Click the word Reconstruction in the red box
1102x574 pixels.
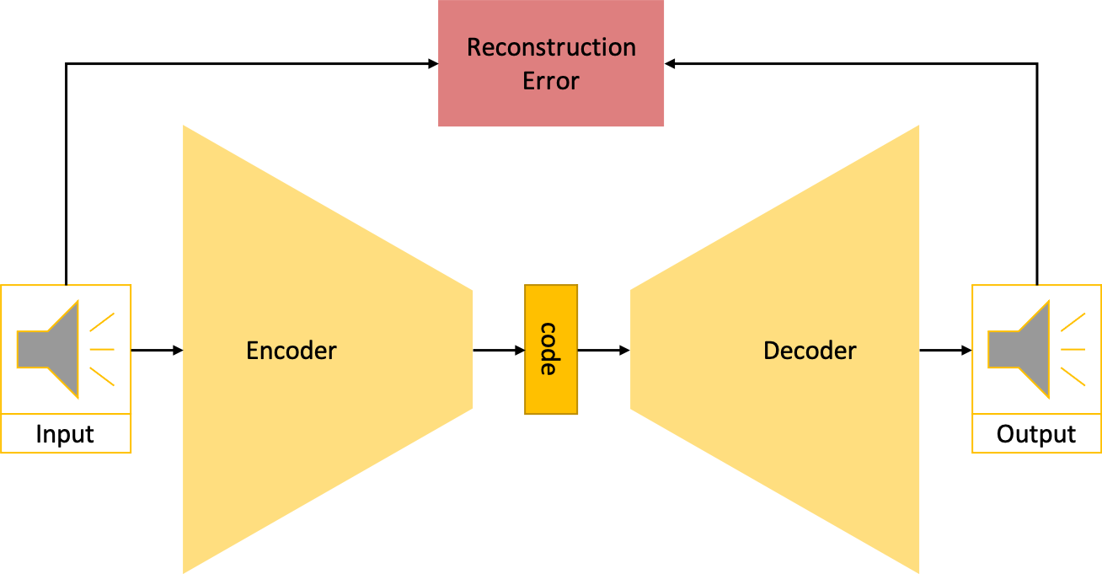551,47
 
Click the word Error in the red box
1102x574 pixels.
551,82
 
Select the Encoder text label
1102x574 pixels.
291,351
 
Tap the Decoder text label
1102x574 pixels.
810,351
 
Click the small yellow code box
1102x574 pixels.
551,349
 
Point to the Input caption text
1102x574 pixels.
65,435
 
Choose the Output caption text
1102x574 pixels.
1035,435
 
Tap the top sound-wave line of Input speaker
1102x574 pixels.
102,322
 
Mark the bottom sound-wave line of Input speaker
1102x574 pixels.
102,376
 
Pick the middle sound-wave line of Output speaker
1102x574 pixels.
1073,349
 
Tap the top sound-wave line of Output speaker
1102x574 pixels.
1073,322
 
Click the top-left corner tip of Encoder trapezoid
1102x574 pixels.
185,127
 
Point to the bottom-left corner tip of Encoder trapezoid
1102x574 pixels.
185,571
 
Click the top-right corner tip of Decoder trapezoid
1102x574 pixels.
917,127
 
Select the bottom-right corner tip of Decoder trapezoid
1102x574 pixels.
917,571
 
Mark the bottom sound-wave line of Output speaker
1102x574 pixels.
1073,376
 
